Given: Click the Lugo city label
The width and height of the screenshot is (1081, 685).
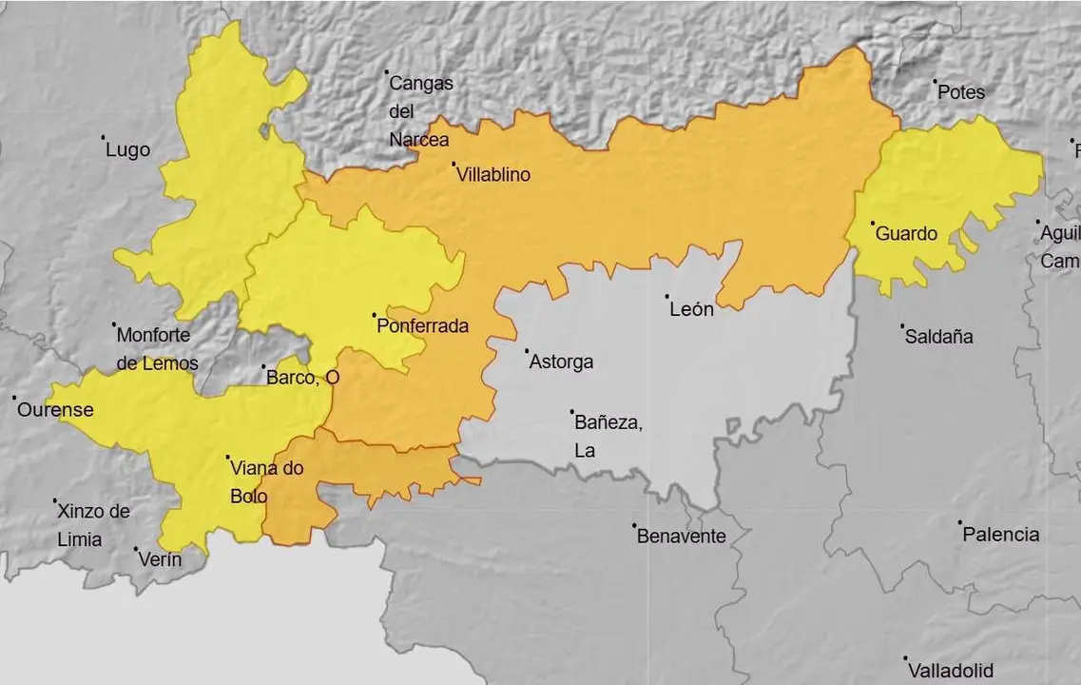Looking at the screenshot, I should pos(127,150).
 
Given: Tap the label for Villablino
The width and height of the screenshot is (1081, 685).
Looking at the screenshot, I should pos(492,175).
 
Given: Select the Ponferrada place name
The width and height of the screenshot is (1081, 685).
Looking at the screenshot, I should pos(422,326).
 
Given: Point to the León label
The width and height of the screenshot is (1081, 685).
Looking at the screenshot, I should pos(691,309).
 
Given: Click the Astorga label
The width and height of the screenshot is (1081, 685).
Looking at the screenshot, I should pos(561,362).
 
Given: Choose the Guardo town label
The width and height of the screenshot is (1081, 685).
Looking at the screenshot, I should pos(906,234).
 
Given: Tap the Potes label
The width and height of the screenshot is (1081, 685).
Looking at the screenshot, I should pos(960,92).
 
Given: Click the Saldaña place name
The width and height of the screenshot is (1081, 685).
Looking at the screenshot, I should pos(938,337).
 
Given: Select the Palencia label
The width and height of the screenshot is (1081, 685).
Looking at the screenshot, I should pos(1000,535).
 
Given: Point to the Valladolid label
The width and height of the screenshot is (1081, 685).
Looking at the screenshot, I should pos(950,670).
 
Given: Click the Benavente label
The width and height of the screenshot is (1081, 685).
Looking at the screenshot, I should pos(681,537).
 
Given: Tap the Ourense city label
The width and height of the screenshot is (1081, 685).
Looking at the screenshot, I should pos(56,410).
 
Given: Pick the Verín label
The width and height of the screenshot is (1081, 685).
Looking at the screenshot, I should pos(160,559).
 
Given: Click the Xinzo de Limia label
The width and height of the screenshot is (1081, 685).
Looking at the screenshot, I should pos(92,525).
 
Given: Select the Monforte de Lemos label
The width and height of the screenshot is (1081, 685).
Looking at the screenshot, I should pos(157,349).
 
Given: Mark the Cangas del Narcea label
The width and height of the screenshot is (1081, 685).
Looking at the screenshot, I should pos(420,111).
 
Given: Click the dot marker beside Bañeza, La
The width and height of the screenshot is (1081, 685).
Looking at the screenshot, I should pos(572,412).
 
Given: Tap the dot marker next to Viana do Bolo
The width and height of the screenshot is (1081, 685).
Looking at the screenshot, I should pos(228,458).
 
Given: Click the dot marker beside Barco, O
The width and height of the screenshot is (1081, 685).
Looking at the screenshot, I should pos(263,366).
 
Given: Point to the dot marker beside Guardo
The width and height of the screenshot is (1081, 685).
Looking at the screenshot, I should pos(873,224).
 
